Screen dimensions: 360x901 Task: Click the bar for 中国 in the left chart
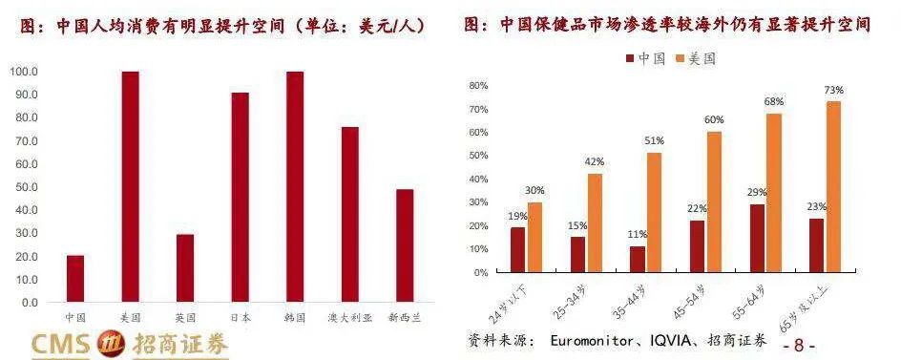(x=75, y=279)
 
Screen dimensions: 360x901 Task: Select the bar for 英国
(x=185, y=268)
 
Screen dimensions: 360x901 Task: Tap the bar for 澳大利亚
(x=349, y=215)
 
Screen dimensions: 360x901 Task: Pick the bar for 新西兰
(x=405, y=245)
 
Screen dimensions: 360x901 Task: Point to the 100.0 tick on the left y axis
(x=24, y=72)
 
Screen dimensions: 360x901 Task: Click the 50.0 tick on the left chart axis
(x=26, y=187)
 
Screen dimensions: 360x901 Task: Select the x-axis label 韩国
(x=295, y=317)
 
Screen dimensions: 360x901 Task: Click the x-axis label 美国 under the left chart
(x=130, y=317)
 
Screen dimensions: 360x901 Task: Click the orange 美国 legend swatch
(x=680, y=58)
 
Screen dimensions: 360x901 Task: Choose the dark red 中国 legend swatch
(x=630, y=58)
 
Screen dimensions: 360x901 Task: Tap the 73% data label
(x=834, y=90)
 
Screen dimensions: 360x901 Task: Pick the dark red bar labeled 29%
(x=757, y=238)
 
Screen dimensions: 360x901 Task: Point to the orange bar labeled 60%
(x=714, y=201)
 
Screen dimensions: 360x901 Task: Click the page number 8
(x=799, y=345)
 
